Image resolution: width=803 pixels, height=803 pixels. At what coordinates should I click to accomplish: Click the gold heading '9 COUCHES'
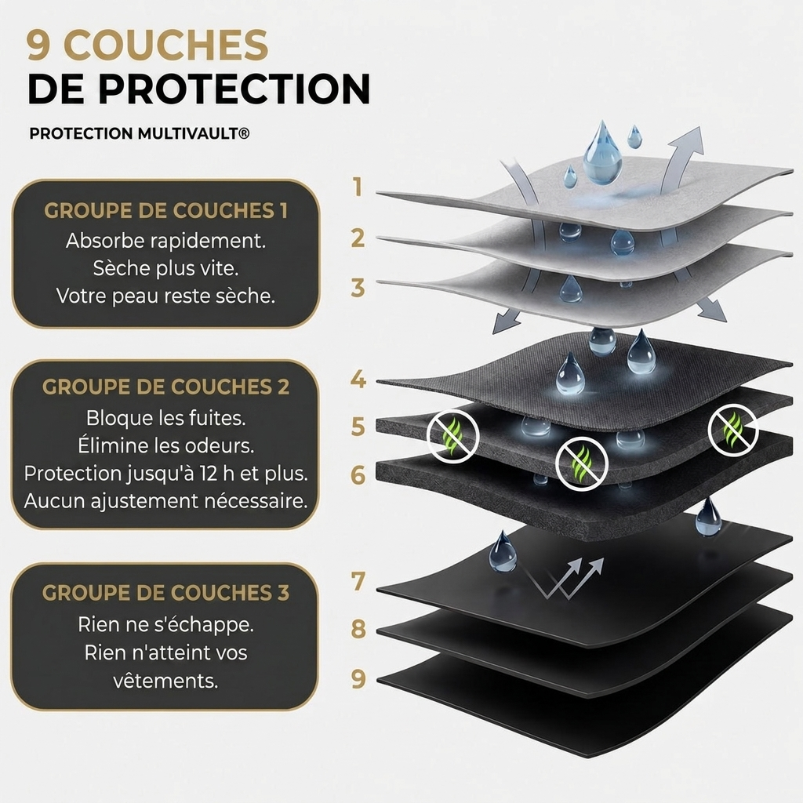pos(147,45)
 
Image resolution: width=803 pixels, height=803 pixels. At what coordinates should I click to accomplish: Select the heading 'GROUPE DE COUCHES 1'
pos(166,211)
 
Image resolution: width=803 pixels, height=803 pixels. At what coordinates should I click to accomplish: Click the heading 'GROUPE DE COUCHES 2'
pos(166,387)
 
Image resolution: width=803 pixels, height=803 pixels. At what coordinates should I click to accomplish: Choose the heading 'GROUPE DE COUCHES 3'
pos(166,593)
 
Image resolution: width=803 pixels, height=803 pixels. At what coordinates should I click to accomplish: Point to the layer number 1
pos(358,187)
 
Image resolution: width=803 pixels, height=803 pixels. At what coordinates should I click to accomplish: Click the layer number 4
pos(358,379)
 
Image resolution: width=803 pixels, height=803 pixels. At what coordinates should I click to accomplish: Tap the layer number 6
pos(358,474)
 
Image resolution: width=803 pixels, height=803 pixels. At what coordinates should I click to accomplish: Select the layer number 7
pos(358,581)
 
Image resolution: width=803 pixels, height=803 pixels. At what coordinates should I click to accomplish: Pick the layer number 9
pos(358,678)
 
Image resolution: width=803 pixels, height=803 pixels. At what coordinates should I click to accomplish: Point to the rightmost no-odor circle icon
pos(733,429)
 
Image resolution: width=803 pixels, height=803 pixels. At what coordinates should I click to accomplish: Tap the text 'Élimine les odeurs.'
pos(166,445)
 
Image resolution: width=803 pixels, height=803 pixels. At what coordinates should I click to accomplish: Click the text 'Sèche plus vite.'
pos(166,268)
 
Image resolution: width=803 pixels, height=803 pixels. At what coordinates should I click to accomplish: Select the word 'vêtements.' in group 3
pos(166,681)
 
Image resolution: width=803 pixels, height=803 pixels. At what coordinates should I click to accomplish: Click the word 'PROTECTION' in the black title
pos(234,89)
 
